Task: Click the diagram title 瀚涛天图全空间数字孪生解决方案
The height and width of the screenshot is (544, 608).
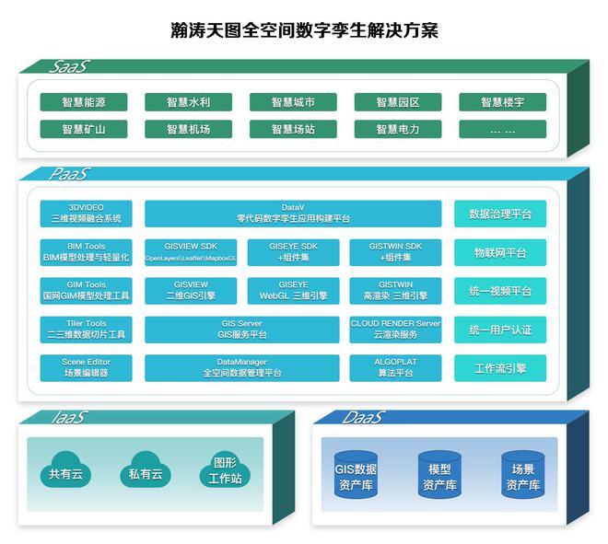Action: pos(304,30)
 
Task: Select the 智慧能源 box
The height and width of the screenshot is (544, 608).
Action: pos(84,102)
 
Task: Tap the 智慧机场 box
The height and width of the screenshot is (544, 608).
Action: pos(188,129)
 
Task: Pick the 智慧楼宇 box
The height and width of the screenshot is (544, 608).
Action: pos(502,102)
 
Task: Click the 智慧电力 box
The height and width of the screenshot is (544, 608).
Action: pos(397,129)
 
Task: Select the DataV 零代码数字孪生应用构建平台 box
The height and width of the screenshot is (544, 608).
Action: pos(293,214)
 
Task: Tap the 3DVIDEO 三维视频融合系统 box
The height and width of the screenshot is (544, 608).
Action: pos(87,214)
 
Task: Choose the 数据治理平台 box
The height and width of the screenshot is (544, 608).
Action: pos(500,214)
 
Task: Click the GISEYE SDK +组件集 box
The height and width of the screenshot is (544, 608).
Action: pos(293,252)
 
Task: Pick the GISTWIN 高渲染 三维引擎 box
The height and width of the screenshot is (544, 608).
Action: pos(396,291)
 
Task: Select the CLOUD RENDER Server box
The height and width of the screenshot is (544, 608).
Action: pos(396,330)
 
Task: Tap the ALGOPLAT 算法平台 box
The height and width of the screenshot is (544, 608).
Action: pos(396,368)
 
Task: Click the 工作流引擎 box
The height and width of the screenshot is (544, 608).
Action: pos(500,368)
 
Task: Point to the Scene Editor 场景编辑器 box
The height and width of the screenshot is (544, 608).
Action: pos(87,368)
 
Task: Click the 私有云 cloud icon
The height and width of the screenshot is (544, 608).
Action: pos(145,471)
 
